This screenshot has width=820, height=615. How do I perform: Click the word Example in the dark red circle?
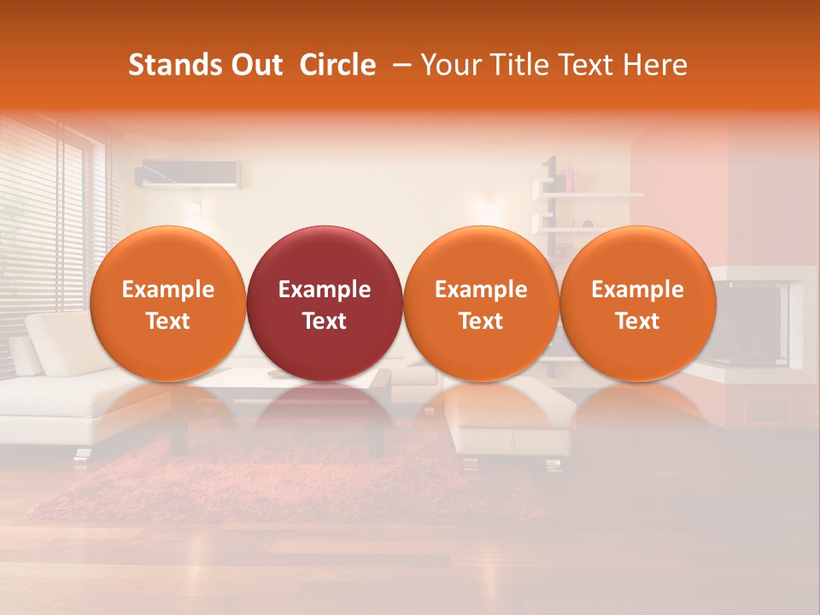(x=325, y=290)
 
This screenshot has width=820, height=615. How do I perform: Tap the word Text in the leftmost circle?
(x=167, y=321)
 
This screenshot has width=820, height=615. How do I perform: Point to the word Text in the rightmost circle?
(x=637, y=321)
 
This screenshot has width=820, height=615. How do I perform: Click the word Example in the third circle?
(x=481, y=290)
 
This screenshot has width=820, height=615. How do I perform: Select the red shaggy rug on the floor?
(x=256, y=487)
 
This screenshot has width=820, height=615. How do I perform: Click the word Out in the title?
(x=254, y=65)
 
